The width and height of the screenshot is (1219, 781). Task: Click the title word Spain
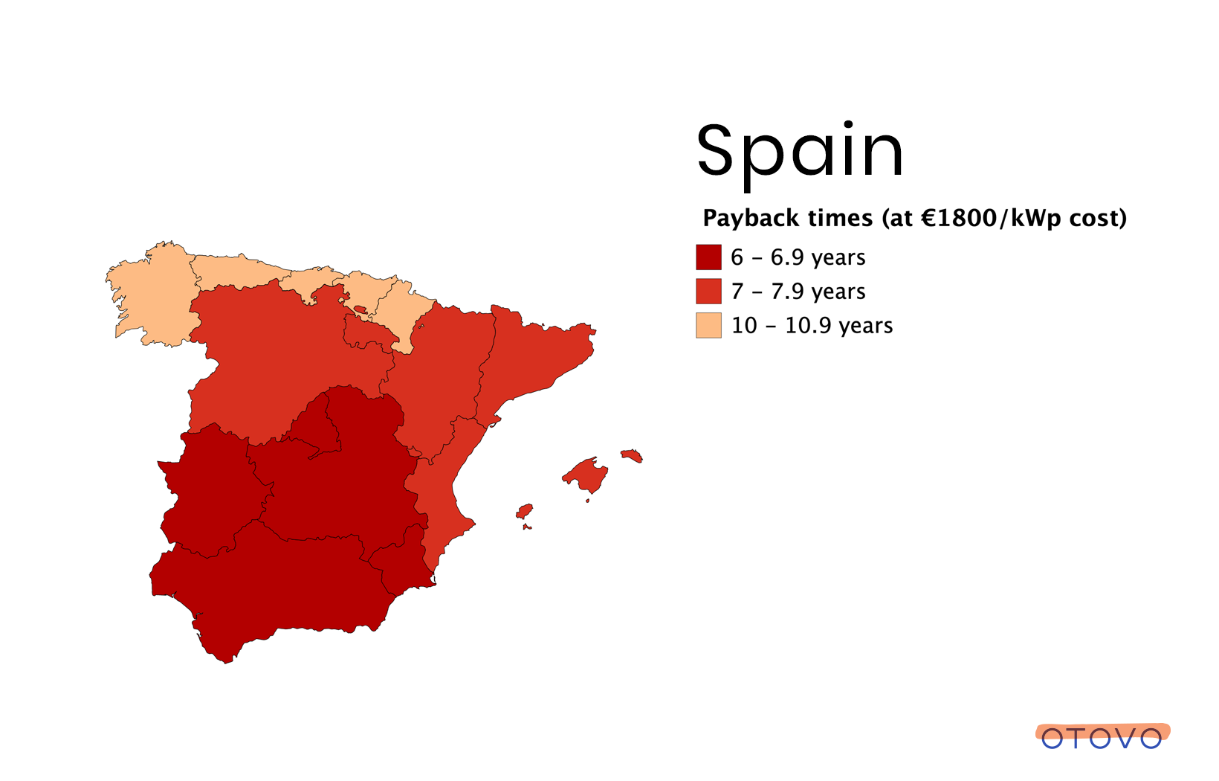tap(800, 152)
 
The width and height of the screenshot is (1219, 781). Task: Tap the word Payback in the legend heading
tap(750, 218)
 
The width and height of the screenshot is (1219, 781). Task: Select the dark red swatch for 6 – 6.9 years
tap(708, 257)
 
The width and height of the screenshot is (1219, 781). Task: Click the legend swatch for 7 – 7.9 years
tap(708, 292)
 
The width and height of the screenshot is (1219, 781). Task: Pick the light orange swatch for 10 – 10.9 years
tap(708, 326)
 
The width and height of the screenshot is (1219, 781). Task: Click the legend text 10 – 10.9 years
tap(812, 326)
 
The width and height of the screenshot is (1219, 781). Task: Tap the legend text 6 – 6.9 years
tap(798, 257)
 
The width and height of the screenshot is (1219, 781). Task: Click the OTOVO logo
tap(1102, 736)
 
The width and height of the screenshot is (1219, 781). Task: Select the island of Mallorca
tap(587, 474)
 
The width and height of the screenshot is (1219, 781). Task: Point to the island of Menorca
tap(632, 454)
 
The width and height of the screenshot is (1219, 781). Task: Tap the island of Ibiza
tap(525, 511)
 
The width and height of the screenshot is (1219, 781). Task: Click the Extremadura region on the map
tap(212, 491)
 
